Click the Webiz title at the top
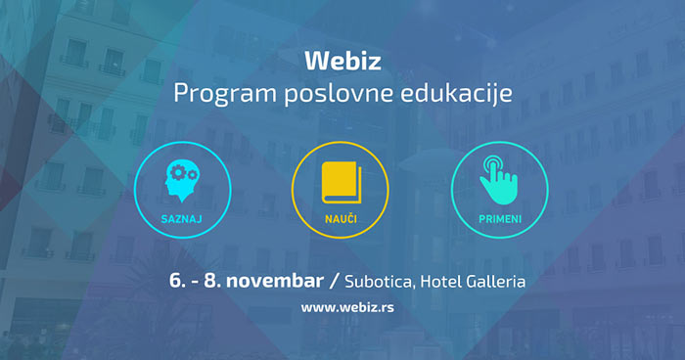point(342,61)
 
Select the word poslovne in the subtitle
point(339,93)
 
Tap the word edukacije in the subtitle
point(457,94)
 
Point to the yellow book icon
point(342,183)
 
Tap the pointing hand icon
point(499,180)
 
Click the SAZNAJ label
point(181,219)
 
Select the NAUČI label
point(341,218)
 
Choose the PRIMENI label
point(500,219)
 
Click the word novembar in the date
point(275,281)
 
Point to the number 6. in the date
point(178,281)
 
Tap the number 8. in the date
point(212,281)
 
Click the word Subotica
point(380,282)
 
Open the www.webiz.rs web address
point(347,307)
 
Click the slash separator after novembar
point(335,282)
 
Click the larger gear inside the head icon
point(178,173)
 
